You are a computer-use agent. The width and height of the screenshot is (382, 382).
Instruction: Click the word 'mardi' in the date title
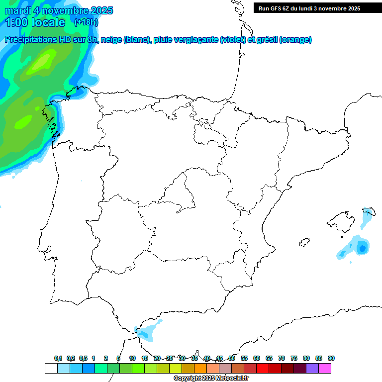click(17, 11)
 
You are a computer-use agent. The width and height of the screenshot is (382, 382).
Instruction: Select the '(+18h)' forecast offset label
click(86, 22)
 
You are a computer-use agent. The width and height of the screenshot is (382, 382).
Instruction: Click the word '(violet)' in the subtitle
click(233, 40)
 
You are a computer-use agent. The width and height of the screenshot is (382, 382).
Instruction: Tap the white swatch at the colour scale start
click(51, 368)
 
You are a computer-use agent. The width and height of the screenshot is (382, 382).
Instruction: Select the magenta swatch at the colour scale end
click(325, 368)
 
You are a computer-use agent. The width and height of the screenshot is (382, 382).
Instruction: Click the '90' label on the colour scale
click(331, 358)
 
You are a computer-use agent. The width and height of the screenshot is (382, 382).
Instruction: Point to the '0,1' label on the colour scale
click(58, 358)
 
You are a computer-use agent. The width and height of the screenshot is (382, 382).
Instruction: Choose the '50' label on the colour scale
click(232, 358)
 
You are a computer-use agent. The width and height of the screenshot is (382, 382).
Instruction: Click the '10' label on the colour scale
click(132, 358)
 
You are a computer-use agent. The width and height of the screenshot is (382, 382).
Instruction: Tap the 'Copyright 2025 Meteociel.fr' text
click(211, 379)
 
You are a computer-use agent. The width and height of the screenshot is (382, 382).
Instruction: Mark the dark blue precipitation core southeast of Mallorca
click(362, 247)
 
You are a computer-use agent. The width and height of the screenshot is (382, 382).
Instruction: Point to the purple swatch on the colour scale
click(312, 368)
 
